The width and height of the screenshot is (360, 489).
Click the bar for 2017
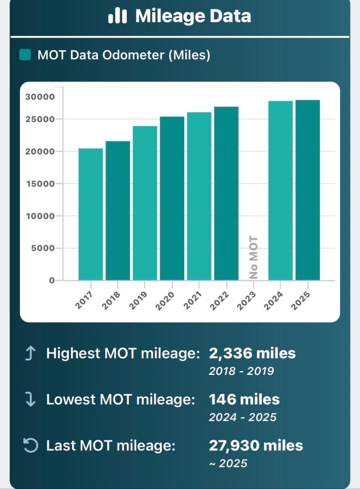[91, 214]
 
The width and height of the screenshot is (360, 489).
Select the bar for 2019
[145, 203]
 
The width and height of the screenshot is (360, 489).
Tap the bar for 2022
[226, 193]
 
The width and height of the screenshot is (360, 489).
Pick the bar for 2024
[280, 191]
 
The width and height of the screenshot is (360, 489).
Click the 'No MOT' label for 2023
[254, 257]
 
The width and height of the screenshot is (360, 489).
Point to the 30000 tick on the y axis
[40, 96]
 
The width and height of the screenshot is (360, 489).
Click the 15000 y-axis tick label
[40, 184]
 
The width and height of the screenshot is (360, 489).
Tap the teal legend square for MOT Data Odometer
[25, 55]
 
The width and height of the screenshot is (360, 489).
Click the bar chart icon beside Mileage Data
[117, 17]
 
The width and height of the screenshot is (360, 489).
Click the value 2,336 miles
[252, 354]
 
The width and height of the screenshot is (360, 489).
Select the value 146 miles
[244, 399]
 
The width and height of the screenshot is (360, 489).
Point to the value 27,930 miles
[256, 446]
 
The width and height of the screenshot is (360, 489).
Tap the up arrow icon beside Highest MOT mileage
[30, 354]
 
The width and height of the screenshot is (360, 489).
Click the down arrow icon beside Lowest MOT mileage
[30, 400]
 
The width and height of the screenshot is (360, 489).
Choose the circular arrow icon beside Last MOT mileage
[30, 446]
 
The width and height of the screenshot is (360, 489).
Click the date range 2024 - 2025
[243, 417]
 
